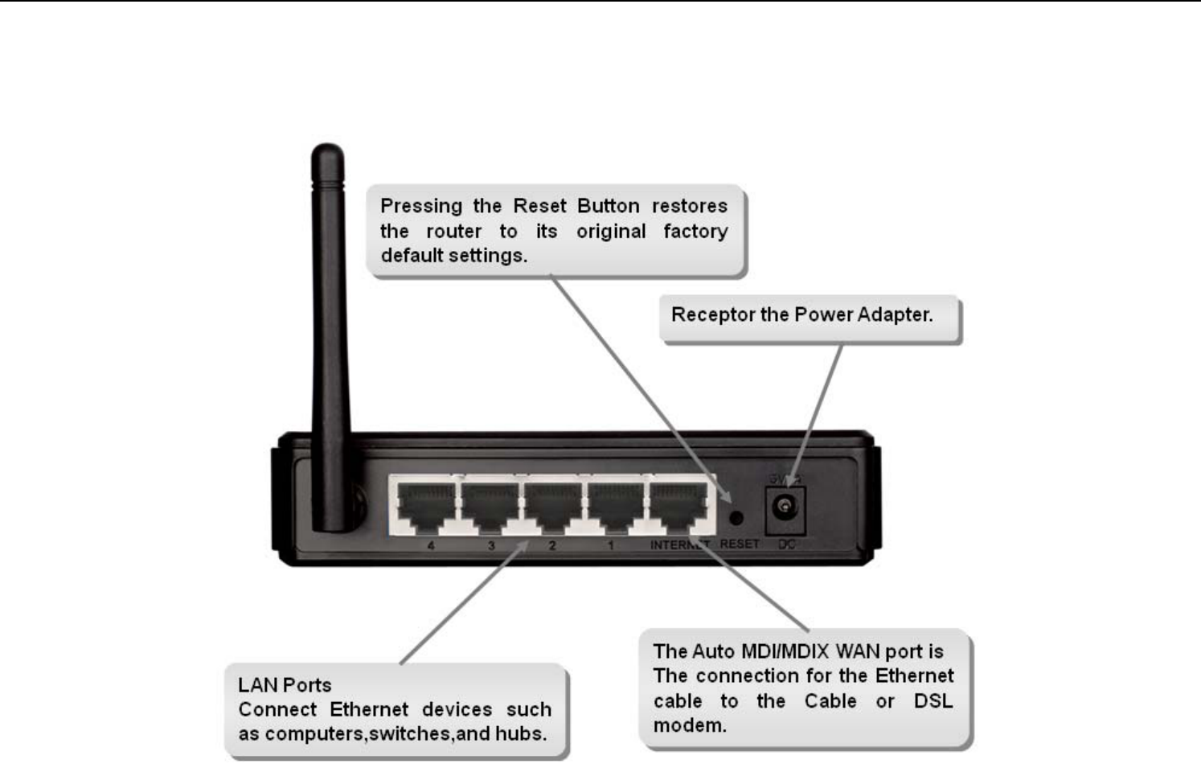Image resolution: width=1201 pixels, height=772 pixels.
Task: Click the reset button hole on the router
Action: click(x=735, y=518)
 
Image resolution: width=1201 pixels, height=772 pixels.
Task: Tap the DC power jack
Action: click(x=784, y=507)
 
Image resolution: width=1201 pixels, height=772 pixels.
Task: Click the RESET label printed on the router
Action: click(x=740, y=544)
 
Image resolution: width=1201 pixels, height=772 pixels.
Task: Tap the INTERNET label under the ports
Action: click(x=680, y=545)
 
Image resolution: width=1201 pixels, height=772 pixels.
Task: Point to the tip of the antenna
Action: click(x=327, y=151)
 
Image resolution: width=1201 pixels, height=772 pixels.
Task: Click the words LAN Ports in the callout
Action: click(x=285, y=685)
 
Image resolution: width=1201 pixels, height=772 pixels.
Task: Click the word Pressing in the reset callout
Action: click(x=421, y=207)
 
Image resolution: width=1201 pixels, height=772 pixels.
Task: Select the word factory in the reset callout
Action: click(x=695, y=232)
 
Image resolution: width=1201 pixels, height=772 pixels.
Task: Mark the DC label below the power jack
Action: click(x=786, y=544)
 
